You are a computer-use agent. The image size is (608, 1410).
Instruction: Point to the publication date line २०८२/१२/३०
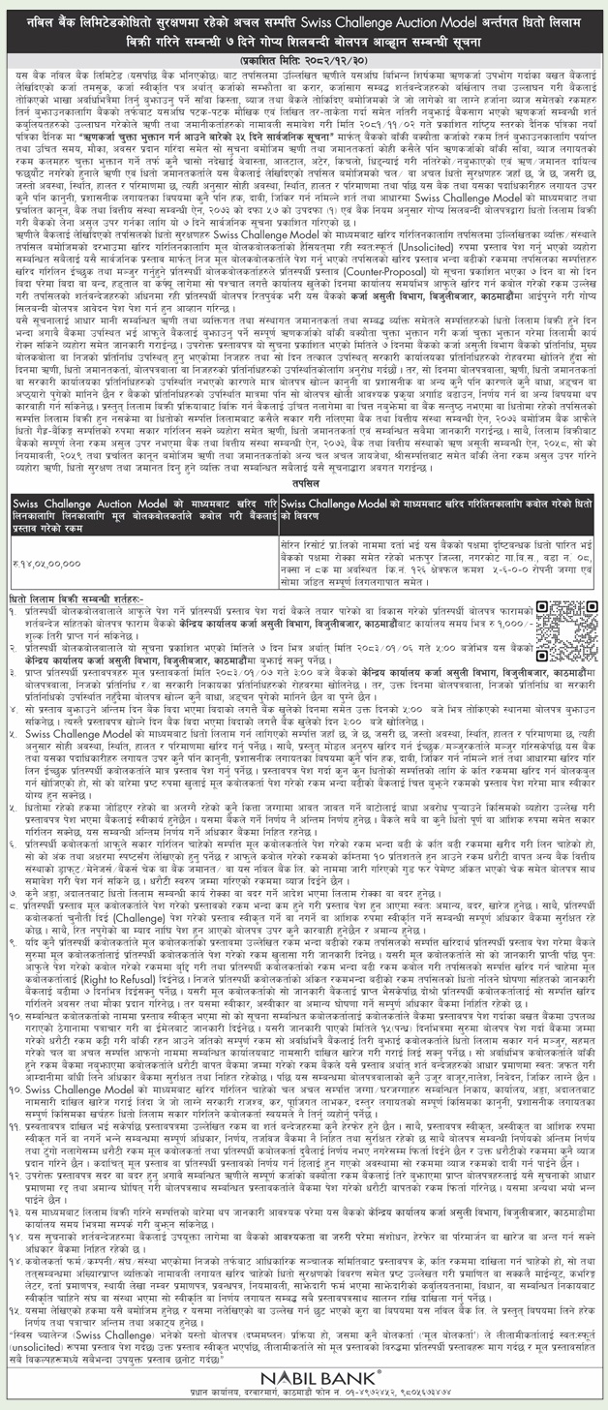304,57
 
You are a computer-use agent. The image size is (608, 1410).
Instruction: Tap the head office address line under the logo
304,1395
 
